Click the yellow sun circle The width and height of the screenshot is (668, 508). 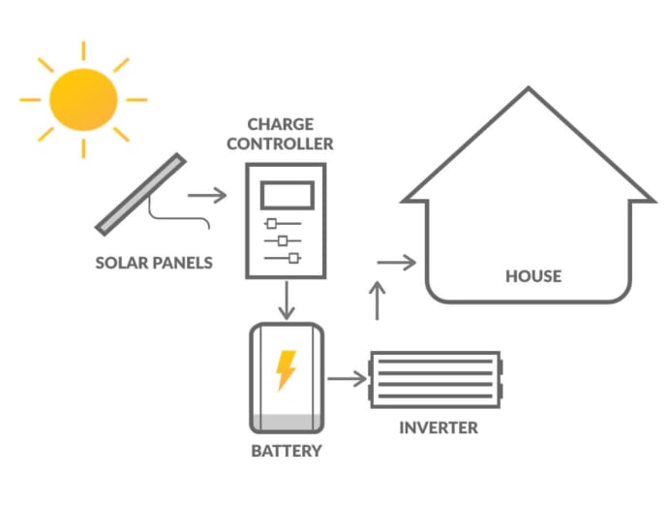pos(82,99)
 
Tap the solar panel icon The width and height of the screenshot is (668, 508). pos(141,195)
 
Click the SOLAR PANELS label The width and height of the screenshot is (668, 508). pos(154,263)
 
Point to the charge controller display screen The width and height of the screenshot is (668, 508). pos(286,195)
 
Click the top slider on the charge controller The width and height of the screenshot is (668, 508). pos(272,224)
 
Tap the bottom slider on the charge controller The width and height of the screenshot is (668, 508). pos(292,257)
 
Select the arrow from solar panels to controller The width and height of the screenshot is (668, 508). pos(206,196)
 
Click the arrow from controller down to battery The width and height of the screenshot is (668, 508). pos(286,301)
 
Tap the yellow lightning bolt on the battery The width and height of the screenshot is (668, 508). pos(286,369)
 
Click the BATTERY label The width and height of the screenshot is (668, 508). pos(286,451)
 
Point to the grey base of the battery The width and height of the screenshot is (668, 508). pos(286,423)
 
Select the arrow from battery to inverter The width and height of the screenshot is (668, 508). pos(347,377)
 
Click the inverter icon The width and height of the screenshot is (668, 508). pos(436,377)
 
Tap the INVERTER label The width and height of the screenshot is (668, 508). pos(439,428)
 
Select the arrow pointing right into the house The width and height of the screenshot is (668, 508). pos(396,262)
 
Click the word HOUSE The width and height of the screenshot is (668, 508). pos(533,276)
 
